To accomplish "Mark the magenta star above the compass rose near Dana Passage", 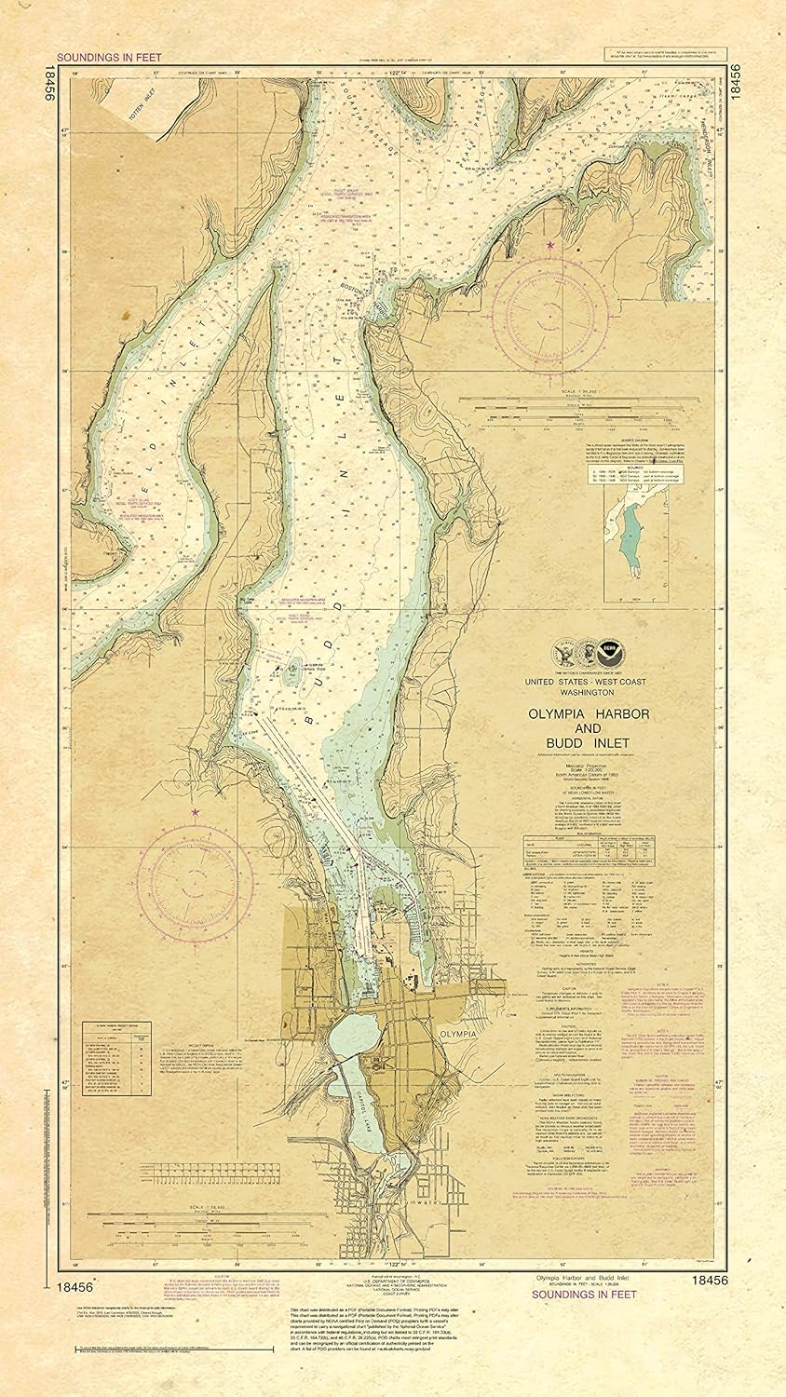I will pos(550,245).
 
